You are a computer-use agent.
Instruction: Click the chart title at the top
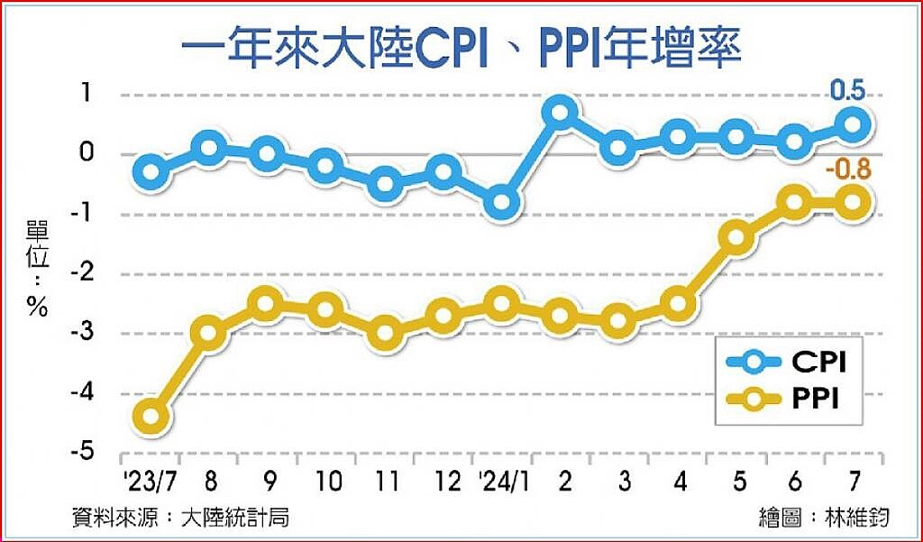pos(461,47)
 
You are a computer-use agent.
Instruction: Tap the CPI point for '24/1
pos(502,203)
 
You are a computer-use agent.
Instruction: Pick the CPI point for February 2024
pos(560,113)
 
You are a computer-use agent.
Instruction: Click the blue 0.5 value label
pos(847,91)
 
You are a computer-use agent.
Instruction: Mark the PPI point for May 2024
pos(736,238)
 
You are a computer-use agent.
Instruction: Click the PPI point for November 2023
pos(385,332)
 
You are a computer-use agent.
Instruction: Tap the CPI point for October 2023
pos(326,166)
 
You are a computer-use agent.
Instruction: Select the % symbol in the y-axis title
pos(37,307)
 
